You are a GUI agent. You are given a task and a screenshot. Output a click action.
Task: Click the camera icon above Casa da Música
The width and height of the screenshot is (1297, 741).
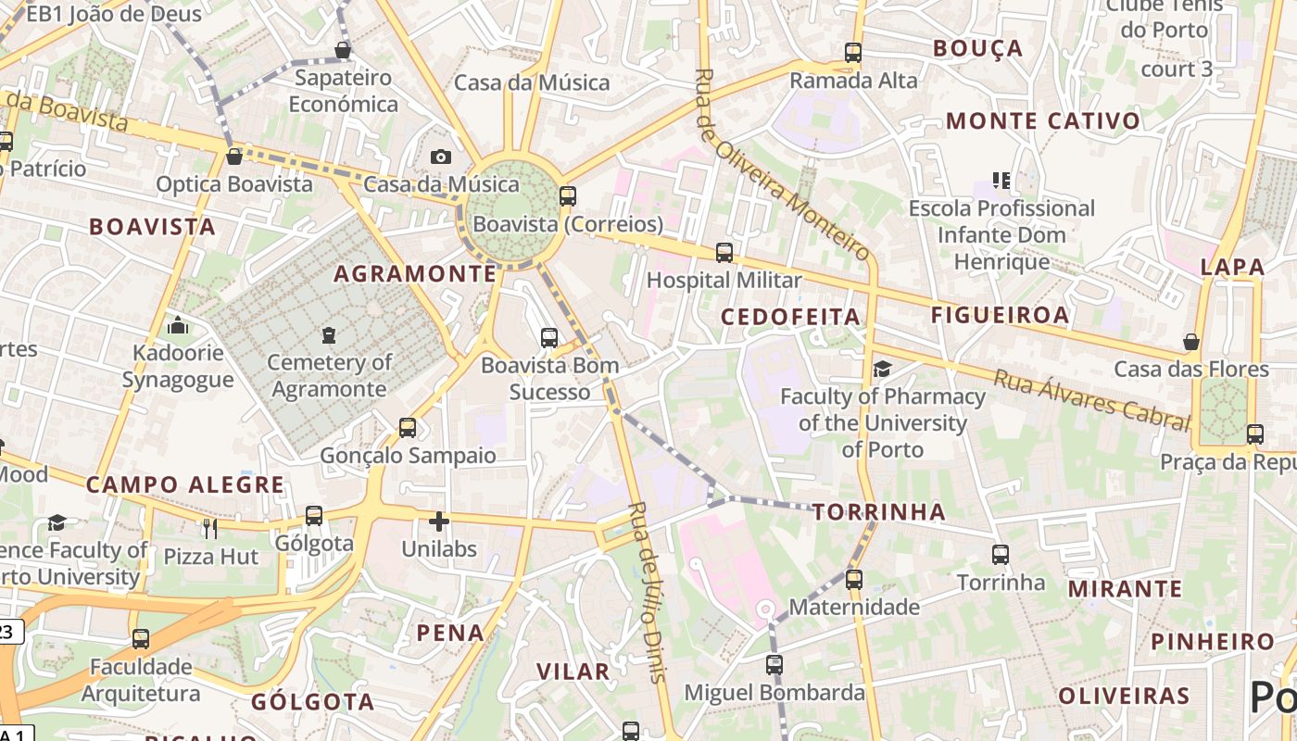click(x=441, y=157)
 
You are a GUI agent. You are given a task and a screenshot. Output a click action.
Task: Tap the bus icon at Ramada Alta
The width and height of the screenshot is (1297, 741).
click(x=853, y=53)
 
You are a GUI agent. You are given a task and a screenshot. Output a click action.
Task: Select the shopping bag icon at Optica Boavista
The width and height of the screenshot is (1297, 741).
click(x=234, y=156)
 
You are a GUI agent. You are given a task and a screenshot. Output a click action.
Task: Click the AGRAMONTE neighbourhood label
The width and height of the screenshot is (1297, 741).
click(x=415, y=273)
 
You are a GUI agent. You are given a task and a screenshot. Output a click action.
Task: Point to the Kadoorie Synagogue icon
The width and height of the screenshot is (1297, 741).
click(x=178, y=325)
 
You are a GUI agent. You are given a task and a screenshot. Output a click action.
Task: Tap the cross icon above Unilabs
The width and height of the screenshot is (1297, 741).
click(x=439, y=521)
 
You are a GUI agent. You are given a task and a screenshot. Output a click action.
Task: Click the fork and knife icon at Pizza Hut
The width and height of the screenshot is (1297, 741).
click(x=210, y=528)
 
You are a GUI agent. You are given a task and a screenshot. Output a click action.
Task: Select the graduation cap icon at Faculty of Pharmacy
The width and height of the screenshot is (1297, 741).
click(x=882, y=369)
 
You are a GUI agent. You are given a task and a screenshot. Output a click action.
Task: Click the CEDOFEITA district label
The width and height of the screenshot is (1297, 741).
click(x=790, y=317)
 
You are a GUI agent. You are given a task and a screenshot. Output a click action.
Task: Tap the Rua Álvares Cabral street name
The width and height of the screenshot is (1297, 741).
click(x=1091, y=400)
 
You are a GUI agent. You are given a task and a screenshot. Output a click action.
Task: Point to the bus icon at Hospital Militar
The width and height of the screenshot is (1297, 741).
click(x=724, y=252)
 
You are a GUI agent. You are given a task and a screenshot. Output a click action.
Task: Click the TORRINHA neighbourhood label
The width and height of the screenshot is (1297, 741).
click(x=879, y=511)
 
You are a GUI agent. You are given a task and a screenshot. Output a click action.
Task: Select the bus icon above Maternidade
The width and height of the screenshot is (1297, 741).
click(x=853, y=580)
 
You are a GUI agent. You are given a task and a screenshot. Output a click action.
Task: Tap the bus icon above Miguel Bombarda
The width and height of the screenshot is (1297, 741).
click(x=774, y=664)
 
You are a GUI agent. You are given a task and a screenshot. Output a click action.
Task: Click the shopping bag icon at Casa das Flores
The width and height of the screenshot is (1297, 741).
click(x=1191, y=342)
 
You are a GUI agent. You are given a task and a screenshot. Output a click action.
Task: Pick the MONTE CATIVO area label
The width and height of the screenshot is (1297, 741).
click(x=1042, y=120)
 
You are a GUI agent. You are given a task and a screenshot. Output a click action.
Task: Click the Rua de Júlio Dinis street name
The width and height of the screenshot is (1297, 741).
click(x=648, y=593)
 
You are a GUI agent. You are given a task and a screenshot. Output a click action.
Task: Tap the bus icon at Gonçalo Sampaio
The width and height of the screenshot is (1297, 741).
click(x=408, y=428)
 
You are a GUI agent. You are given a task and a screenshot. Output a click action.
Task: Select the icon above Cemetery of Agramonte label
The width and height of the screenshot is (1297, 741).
click(x=329, y=334)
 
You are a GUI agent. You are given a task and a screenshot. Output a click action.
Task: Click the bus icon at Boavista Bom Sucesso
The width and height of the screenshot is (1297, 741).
click(x=549, y=337)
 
